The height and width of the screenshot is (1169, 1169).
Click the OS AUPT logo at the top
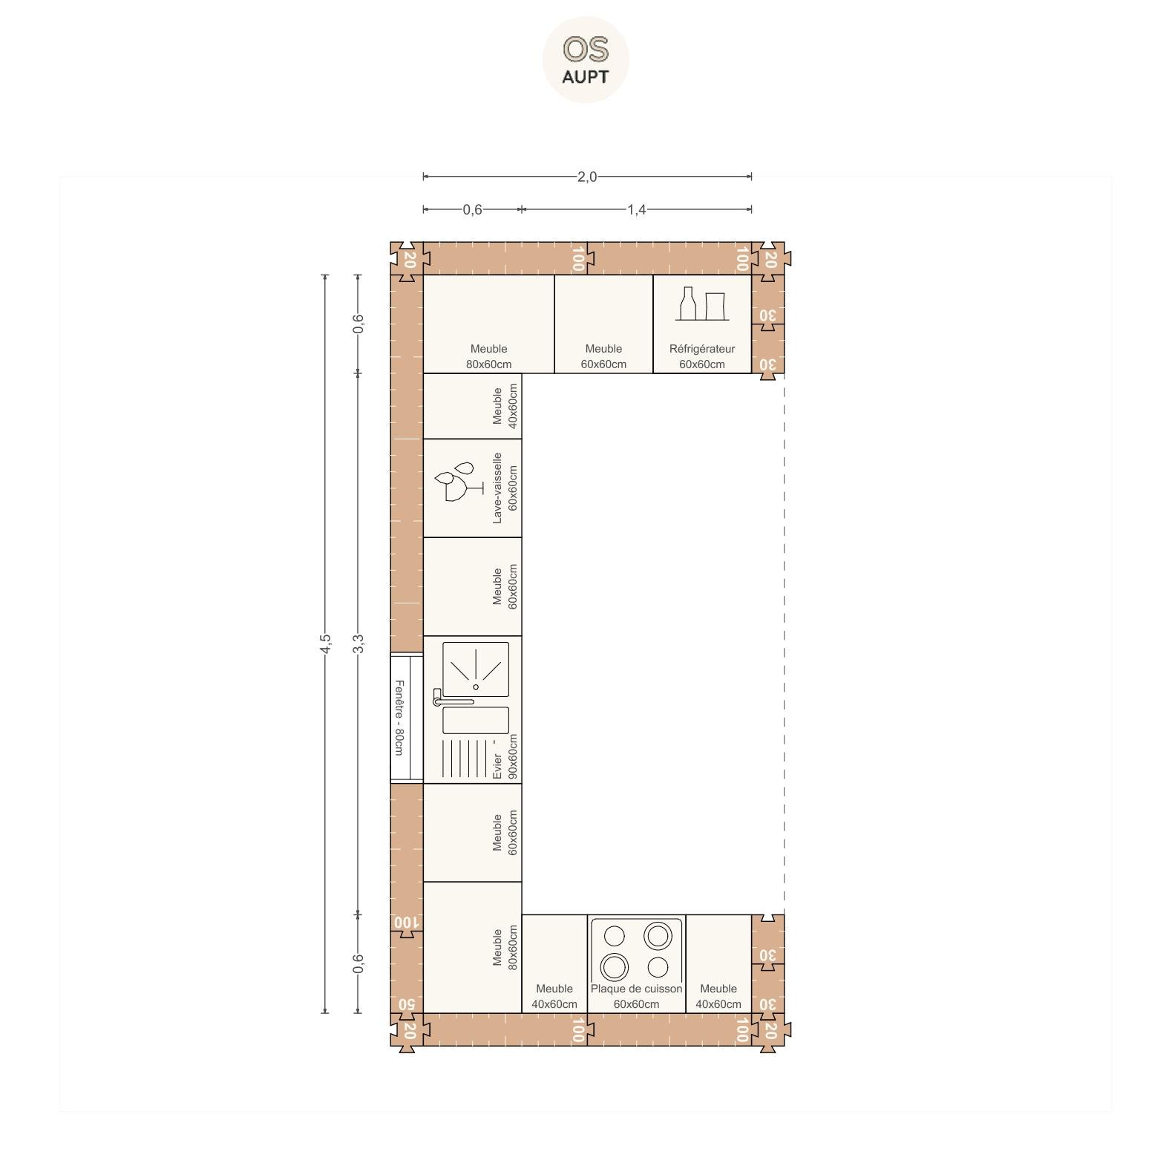pos(586,59)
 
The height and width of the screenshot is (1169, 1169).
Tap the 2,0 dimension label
pos(586,177)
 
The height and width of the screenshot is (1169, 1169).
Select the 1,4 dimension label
pos(636,209)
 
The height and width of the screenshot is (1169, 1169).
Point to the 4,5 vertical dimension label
pos(324,644)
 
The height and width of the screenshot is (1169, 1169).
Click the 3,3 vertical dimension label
pos(358,644)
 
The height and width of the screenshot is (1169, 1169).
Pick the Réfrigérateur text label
pos(701,349)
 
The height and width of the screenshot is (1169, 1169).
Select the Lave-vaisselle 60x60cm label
pos(505,488)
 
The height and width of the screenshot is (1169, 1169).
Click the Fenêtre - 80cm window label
pos(399,718)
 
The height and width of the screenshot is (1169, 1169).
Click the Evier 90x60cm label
pos(505,757)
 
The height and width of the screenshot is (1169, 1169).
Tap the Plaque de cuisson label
pos(636,989)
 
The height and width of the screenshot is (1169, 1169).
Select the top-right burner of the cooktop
pos(658,935)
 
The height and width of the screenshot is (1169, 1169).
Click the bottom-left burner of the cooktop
pos(615,967)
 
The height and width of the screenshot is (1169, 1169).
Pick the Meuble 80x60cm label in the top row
pos(488,356)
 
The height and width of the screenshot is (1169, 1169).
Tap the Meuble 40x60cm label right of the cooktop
pos(718,996)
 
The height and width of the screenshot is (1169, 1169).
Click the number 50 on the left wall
pos(406,1004)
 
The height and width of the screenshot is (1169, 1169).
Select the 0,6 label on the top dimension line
pos(472,209)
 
